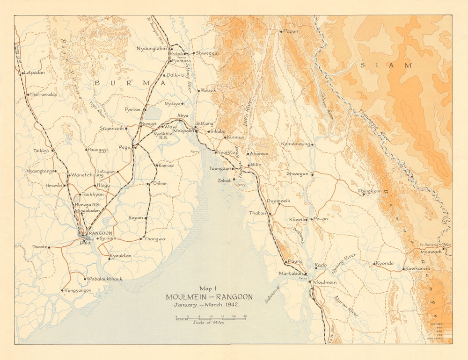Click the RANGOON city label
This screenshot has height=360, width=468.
click(x=100, y=233)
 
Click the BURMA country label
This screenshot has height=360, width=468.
click(x=131, y=83)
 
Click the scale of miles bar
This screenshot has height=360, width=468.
click(x=211, y=318)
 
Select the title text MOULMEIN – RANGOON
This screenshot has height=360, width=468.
click(x=209, y=297)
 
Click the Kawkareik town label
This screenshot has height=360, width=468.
click(x=418, y=268)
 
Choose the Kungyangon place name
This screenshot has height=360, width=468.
click(x=78, y=290)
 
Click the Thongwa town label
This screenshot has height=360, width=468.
click(x=155, y=239)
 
